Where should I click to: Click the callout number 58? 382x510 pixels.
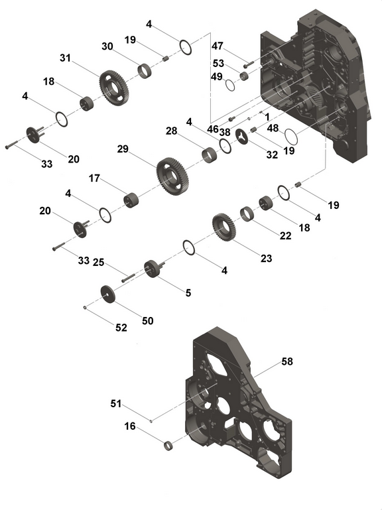coord(287,361)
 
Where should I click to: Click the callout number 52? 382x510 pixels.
coord(121,328)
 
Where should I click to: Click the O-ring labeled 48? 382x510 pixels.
coord(291,137)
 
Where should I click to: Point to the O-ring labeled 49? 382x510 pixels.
coord(230,85)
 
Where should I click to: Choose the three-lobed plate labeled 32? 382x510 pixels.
coord(242,136)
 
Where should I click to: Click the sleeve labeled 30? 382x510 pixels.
coord(145,71)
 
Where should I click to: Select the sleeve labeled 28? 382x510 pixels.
coord(209,155)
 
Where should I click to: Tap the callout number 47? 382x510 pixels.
coord(218,46)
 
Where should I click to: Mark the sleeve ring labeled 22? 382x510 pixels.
coord(247,214)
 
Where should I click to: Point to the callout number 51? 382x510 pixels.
coord(116,404)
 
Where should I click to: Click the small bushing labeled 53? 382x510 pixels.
coord(244,76)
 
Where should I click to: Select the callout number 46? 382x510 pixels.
coord(213,129)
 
